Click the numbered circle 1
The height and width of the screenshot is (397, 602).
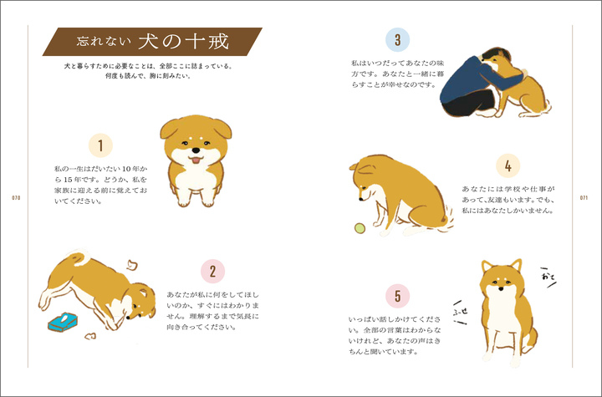100,145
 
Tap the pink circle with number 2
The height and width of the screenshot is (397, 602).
212,272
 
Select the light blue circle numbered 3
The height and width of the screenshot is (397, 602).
397,39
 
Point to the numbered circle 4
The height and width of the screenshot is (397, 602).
508,165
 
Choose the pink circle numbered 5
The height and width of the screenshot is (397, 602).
397,296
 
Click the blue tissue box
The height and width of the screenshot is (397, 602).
63,322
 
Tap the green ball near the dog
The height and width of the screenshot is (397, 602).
360,228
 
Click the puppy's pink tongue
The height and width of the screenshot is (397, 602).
196,160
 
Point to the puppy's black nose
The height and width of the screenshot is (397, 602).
196,150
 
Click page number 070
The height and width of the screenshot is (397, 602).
16,198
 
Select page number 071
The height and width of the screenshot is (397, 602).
584,198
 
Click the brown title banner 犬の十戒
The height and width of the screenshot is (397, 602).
152,42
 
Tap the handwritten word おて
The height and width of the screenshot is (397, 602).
548,277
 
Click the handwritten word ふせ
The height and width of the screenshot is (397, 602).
461,312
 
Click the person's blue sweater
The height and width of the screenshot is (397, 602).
476,80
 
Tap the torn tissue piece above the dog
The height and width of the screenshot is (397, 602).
132,265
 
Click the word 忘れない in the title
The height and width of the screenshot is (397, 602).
104,42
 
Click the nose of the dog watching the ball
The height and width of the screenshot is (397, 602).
360,199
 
